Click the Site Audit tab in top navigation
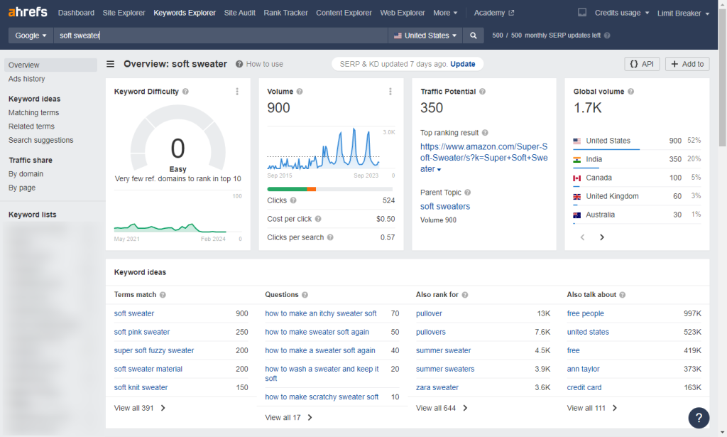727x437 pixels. (240, 13)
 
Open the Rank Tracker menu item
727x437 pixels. (286, 13)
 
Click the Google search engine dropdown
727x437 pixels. (31, 36)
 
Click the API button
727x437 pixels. (642, 64)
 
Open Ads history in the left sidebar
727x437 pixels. (26, 79)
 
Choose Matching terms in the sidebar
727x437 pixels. (33, 112)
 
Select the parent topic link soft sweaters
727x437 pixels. (444, 206)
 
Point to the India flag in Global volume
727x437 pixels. (577, 159)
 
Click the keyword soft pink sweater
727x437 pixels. (142, 332)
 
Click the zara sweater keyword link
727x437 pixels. (437, 387)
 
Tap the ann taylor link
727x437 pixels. (583, 369)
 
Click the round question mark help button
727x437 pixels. (699, 417)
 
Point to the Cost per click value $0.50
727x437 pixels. (385, 219)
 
